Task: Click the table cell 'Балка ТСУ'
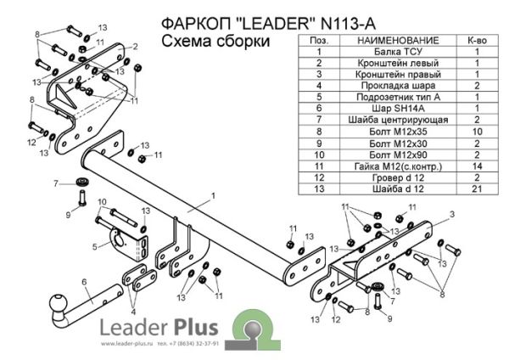[397, 52]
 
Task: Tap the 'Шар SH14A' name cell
[397, 109]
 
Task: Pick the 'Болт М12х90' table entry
[397, 155]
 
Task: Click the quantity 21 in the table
[477, 188]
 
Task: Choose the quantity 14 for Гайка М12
[477, 166]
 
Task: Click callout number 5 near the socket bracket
[94, 248]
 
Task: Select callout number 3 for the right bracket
[451, 213]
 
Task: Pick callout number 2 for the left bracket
[135, 46]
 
